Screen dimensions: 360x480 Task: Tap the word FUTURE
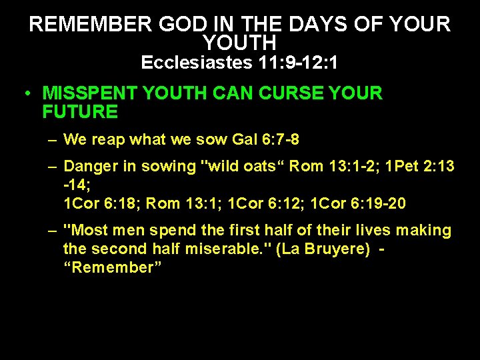(x=79, y=111)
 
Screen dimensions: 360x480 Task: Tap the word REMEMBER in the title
(x=91, y=25)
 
